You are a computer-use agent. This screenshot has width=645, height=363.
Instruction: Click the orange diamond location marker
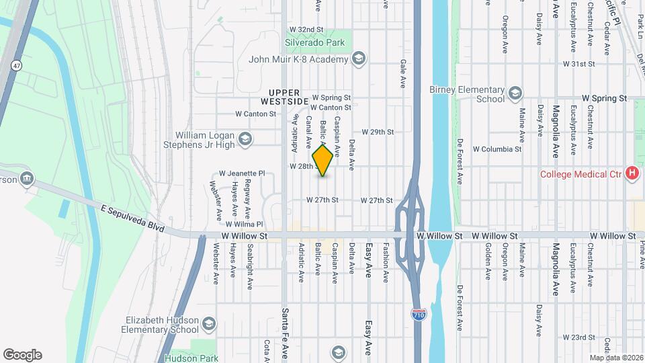click(x=322, y=161)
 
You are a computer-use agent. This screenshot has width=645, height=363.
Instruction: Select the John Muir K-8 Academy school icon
click(x=358, y=59)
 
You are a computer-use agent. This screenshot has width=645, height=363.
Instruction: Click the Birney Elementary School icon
click(x=515, y=92)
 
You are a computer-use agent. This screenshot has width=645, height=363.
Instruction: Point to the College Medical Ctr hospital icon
click(x=632, y=174)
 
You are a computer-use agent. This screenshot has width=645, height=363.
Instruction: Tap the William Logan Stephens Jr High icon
click(x=245, y=139)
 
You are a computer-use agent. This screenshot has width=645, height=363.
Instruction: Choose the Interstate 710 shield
click(x=417, y=313)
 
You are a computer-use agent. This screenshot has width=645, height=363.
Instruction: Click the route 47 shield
click(x=16, y=65)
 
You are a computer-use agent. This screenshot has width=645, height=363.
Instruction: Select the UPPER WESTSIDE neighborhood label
click(x=288, y=97)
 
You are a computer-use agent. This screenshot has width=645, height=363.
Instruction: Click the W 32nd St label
click(x=306, y=30)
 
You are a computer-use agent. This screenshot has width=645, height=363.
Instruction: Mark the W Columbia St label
click(x=497, y=149)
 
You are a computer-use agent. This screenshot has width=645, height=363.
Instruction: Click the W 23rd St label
click(x=580, y=337)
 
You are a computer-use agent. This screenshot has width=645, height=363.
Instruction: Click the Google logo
click(x=22, y=355)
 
